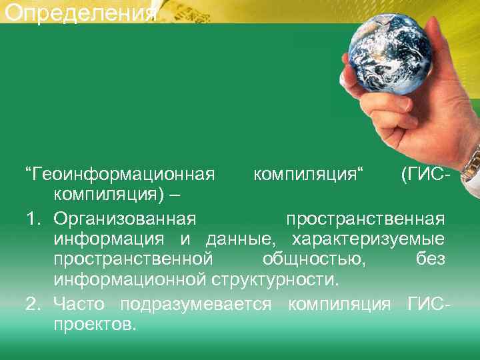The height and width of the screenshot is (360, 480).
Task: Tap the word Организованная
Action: click(x=125, y=219)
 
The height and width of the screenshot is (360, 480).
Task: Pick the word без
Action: click(x=431, y=260)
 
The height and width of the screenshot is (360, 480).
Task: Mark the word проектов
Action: click(x=95, y=326)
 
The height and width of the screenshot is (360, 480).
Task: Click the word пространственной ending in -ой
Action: click(x=134, y=260)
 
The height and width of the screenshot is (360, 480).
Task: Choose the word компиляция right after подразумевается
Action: click(x=339, y=305)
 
